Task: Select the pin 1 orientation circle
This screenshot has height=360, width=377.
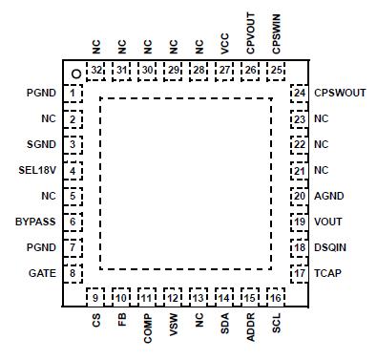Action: [73, 73]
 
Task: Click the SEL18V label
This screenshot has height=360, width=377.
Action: [38, 170]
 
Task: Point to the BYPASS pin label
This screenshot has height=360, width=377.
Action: [35, 222]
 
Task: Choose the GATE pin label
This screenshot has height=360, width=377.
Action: [41, 273]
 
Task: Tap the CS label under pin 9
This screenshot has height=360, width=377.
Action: [96, 322]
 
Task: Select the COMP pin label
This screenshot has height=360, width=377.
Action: [147, 328]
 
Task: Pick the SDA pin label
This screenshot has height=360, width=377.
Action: [223, 325]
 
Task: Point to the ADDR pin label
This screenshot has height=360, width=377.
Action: [249, 328]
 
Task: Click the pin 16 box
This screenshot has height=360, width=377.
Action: [275, 298]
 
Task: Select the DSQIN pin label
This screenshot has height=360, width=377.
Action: [331, 247]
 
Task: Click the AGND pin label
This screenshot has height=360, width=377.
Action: [329, 196]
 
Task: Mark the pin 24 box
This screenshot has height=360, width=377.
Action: [300, 94]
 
